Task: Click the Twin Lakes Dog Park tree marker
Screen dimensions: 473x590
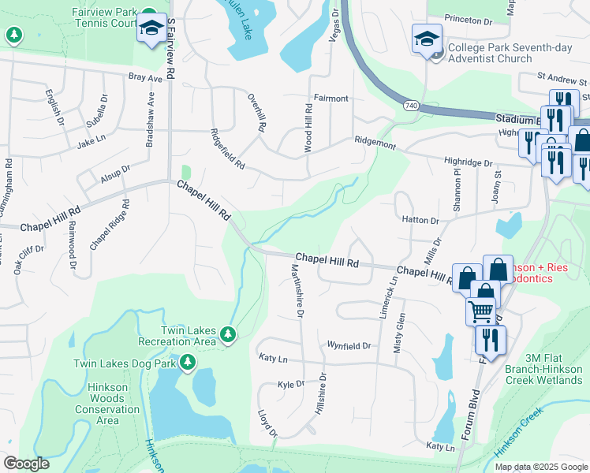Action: pos(188,363)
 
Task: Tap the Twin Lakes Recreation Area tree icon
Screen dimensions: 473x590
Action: pos(228,335)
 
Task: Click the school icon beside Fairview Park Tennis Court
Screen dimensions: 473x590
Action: pos(150,29)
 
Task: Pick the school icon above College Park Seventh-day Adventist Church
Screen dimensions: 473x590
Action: pos(426,39)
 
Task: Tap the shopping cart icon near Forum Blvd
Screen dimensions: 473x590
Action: pos(480,311)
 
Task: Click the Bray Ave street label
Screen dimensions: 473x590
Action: pos(144,77)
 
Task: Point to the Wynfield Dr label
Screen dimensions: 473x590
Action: pos(349,345)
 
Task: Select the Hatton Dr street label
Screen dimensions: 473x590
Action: pos(420,221)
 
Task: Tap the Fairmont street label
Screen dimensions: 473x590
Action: pos(330,99)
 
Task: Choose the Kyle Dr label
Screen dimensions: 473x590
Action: pos(291,384)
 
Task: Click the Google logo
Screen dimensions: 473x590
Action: pos(26,464)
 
